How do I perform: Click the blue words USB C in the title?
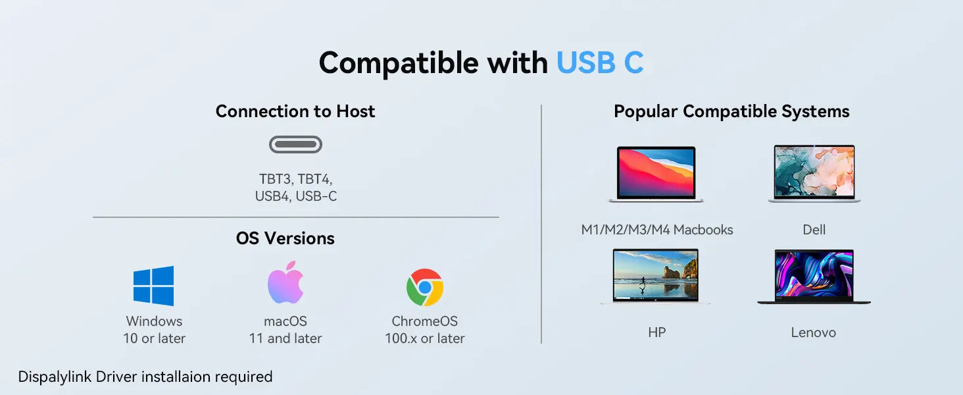coord(600,63)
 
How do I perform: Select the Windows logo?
coord(153,286)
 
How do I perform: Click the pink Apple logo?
coord(285,282)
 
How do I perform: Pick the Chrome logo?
coord(425,288)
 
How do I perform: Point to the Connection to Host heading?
coord(295,111)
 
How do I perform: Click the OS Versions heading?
coord(285,238)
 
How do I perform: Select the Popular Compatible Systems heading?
coord(731,111)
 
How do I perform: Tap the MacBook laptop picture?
coord(656,174)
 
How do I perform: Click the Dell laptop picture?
coord(814,173)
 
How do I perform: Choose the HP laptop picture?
coord(656,276)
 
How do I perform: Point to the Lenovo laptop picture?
coord(814,276)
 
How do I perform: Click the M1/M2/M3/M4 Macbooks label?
coord(657,230)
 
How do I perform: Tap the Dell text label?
coord(814,230)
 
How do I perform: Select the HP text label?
coord(657,332)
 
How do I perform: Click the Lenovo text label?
coord(814,332)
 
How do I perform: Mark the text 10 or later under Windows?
coord(155,338)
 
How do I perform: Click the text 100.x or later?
coord(425,338)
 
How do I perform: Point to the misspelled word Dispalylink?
coord(55,377)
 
